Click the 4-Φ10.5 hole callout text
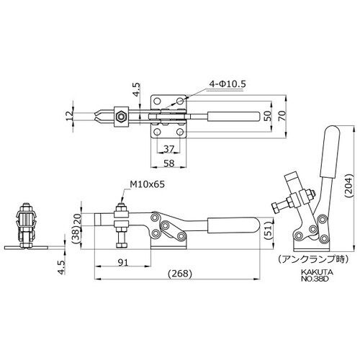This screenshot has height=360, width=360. [x=228, y=84]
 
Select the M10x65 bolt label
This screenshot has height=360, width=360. [x=148, y=184]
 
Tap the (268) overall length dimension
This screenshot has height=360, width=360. [x=180, y=274]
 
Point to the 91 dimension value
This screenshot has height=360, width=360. [x=123, y=263]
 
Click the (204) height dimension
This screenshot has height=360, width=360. [x=348, y=186]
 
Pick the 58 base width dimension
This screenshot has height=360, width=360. [x=168, y=163]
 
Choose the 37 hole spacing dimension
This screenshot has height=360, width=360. [x=168, y=149]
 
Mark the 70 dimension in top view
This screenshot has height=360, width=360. [x=283, y=116]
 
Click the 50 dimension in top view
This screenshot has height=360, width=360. [x=268, y=116]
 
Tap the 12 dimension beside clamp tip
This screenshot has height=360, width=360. [x=69, y=116]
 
